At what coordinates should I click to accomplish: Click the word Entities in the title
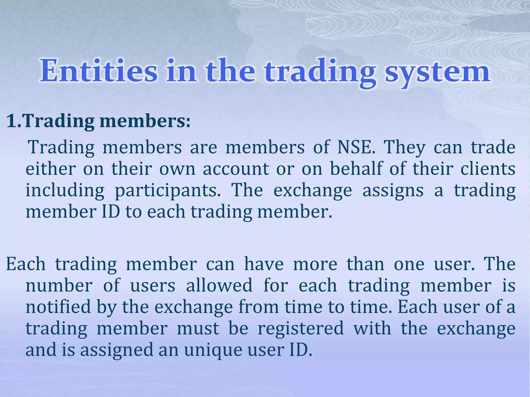coord(99,71)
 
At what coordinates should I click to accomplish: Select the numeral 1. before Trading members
coord(14,121)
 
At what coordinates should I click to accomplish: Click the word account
coord(236,169)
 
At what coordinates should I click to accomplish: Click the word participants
coord(168,191)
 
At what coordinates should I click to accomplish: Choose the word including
coord(65,191)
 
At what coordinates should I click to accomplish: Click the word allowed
coord(219,286)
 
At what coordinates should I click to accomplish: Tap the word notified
coord(58,307)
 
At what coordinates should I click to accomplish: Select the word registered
coord(301,329)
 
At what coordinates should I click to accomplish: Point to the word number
coord(59,286)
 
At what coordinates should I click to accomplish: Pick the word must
coord(198,329)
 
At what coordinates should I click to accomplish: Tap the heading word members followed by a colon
coord(142,121)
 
